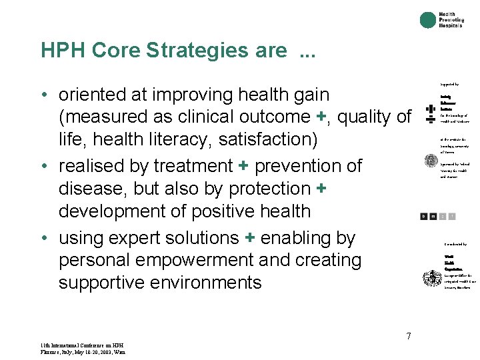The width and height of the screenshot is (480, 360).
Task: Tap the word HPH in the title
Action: [63, 51]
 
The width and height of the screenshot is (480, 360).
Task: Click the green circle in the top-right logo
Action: [428, 21]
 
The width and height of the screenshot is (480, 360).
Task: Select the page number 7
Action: [409, 336]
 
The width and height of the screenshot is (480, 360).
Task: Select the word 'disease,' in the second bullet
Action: [94, 189]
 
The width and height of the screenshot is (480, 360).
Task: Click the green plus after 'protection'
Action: [321, 189]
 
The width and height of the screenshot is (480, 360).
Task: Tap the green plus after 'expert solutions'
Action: [251, 238]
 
